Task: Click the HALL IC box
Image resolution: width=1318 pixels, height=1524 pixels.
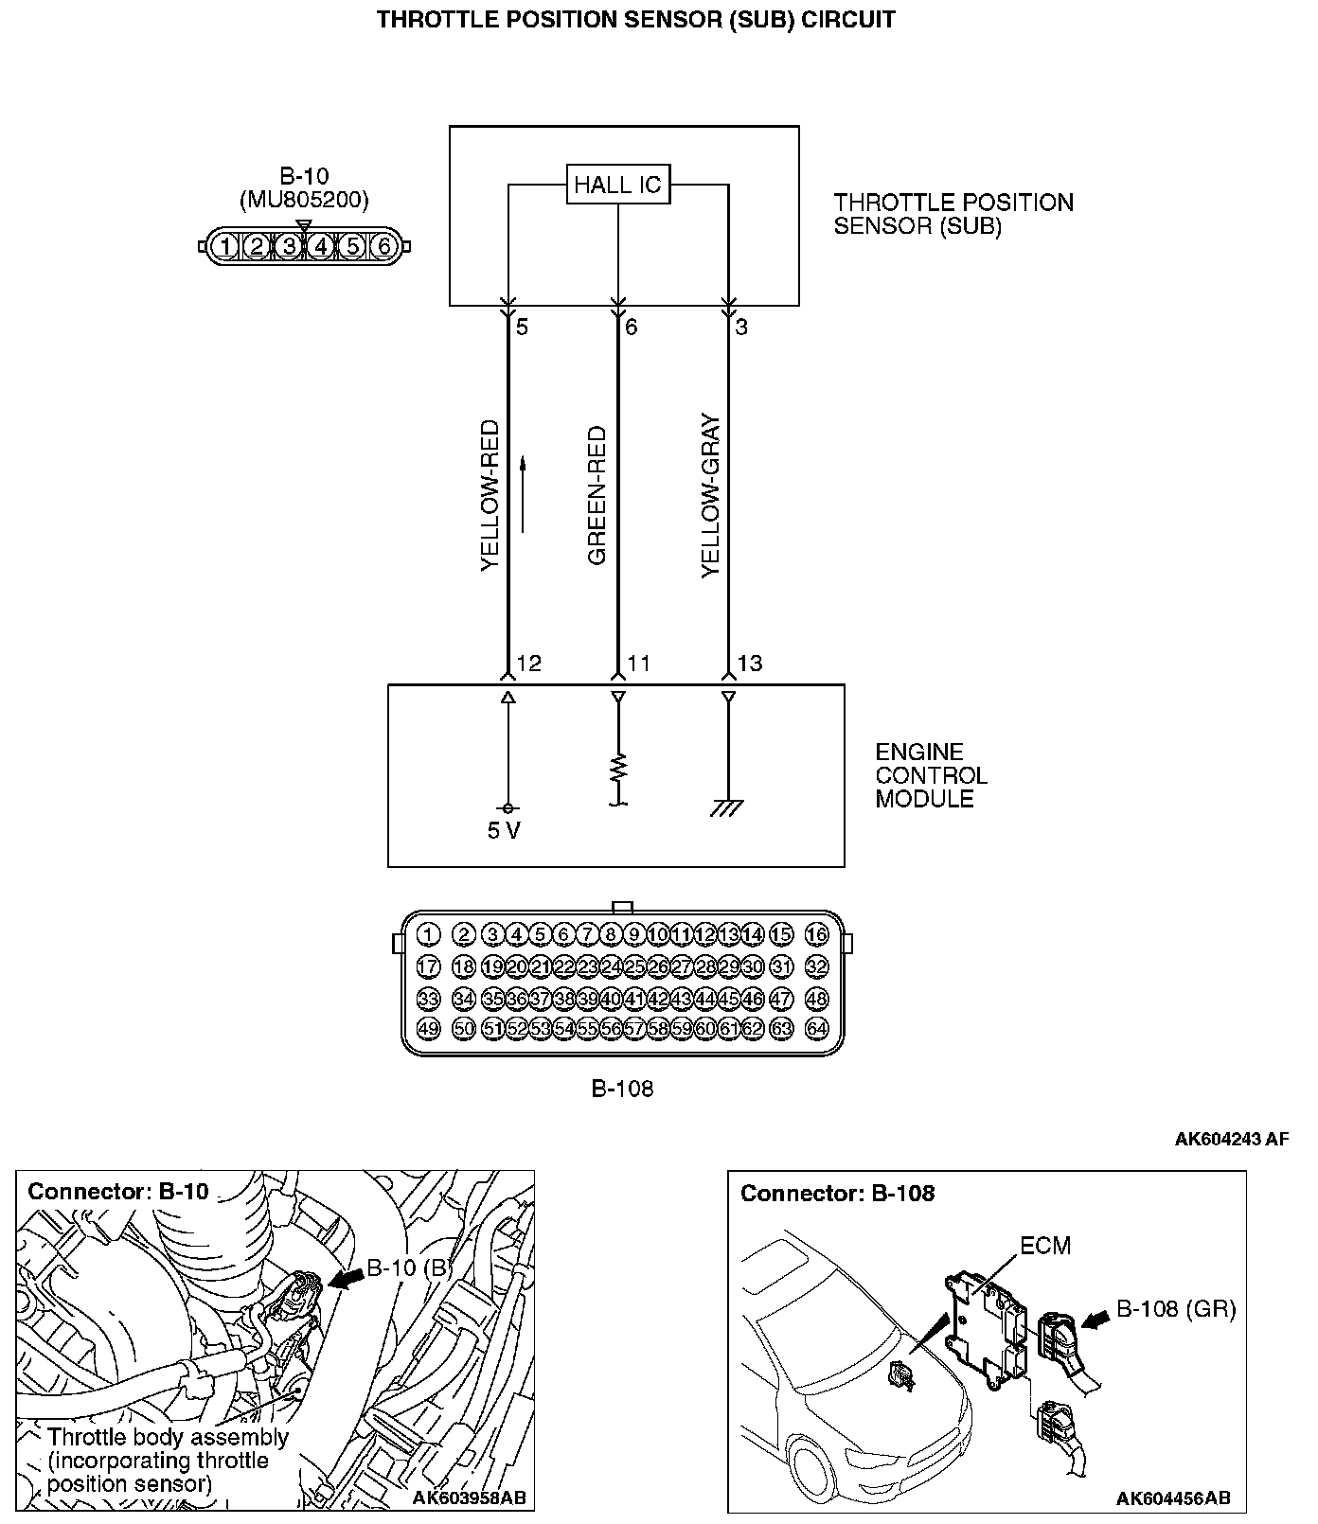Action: [617, 184]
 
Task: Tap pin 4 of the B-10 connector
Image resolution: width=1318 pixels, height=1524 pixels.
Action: [321, 246]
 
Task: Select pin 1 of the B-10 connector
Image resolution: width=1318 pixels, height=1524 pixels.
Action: [224, 246]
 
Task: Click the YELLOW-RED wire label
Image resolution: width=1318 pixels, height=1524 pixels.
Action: [490, 495]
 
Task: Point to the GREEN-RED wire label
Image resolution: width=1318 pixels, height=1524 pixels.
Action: [597, 495]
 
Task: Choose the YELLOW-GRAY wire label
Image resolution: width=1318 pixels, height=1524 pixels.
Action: [711, 495]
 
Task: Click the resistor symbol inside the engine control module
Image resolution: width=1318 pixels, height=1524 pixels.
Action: [618, 768]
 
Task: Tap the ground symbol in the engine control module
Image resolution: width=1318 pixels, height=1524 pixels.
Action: [728, 807]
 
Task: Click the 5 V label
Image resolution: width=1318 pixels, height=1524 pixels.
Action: [504, 831]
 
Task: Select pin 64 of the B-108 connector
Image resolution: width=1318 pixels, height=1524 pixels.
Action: [817, 1029]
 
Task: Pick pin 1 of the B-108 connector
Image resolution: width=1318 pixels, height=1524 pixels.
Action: [428, 935]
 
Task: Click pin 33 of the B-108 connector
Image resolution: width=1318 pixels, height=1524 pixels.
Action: [428, 999]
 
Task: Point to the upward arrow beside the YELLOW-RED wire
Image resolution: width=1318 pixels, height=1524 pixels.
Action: [522, 493]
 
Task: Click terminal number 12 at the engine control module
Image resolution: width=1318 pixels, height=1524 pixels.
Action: [529, 664]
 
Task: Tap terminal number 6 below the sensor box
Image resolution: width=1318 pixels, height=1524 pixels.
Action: [632, 328]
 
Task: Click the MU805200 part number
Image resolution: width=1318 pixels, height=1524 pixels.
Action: [303, 200]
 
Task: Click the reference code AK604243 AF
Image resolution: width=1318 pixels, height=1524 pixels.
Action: [1231, 1140]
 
